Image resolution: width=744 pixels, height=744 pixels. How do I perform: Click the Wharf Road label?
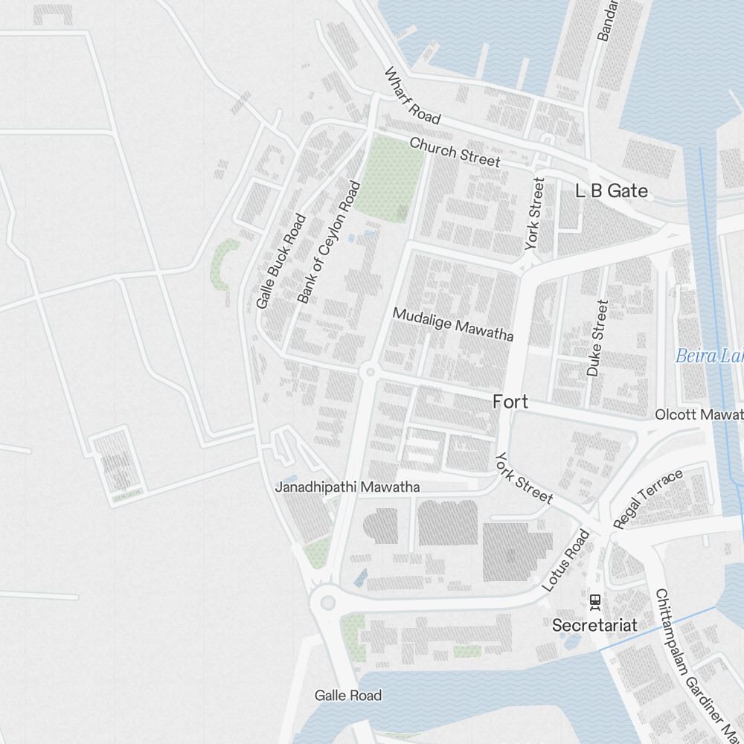click(412, 96)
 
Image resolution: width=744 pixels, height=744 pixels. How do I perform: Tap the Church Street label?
click(455, 152)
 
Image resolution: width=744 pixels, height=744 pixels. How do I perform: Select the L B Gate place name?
click(612, 191)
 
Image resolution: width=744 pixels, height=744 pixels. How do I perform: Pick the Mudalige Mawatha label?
click(452, 324)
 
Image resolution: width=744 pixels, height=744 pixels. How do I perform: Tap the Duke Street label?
click(597, 338)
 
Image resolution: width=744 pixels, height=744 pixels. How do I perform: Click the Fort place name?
click(510, 402)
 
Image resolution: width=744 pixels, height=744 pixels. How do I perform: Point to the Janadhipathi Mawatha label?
click(347, 487)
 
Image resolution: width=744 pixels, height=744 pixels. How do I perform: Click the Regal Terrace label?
click(647, 499)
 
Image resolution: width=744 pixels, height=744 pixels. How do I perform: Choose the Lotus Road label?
click(565, 560)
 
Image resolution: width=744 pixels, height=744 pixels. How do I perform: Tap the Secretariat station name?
click(594, 625)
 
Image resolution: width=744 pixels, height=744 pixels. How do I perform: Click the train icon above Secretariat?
click(594, 600)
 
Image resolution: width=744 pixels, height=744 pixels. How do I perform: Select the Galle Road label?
click(347, 696)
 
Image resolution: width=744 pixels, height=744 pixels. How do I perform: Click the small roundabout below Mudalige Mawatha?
click(369, 371)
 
